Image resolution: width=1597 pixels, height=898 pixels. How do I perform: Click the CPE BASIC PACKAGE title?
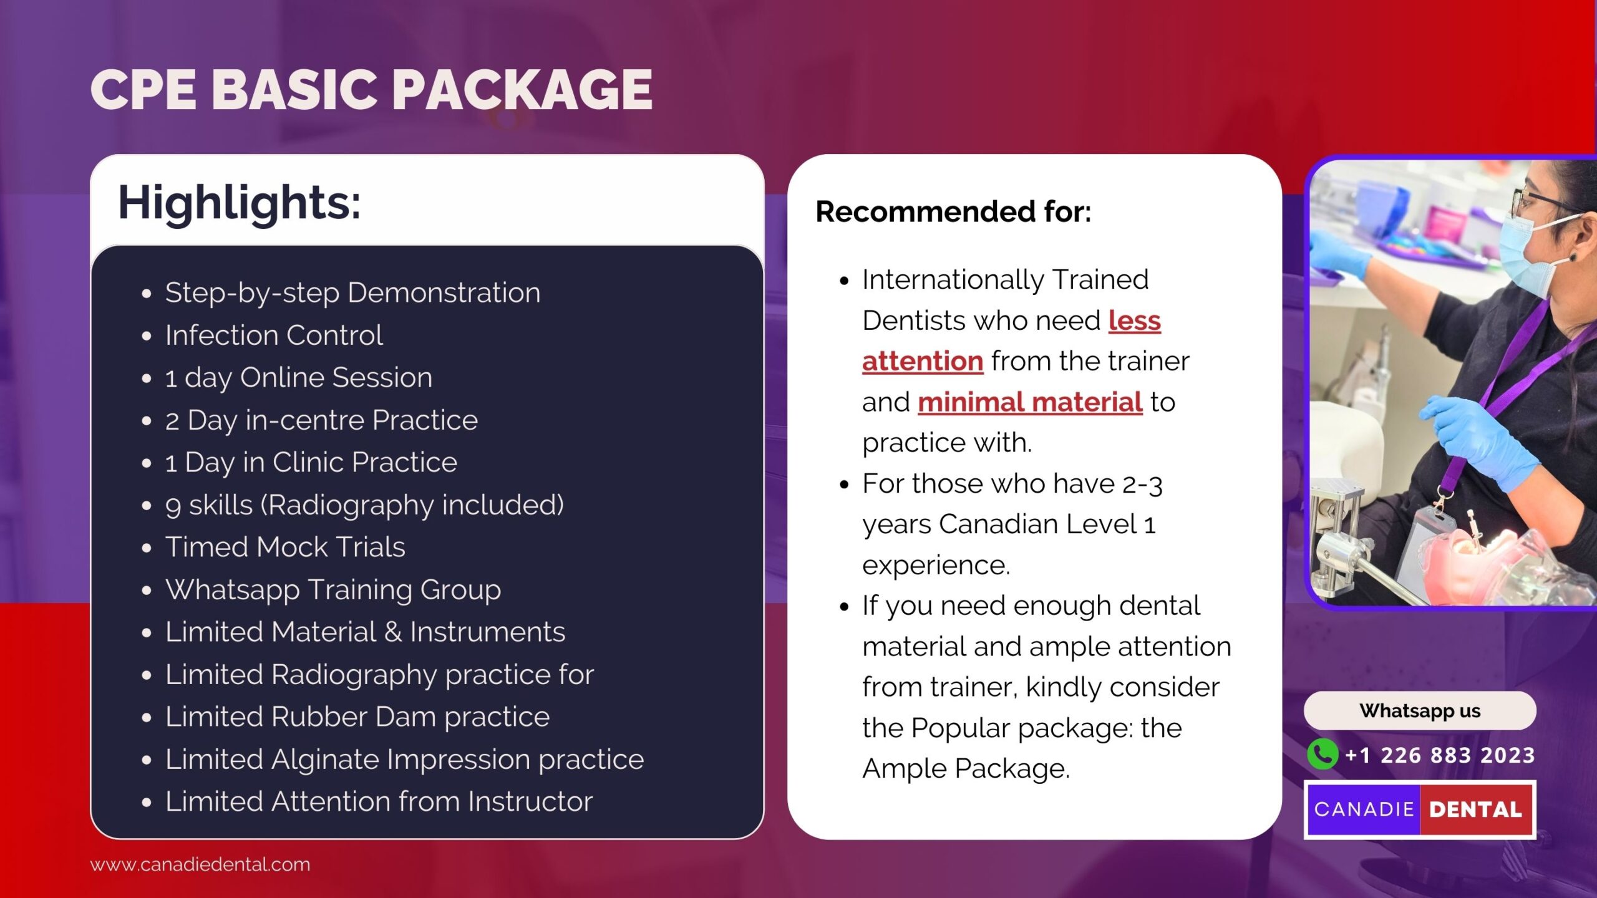coord(371,90)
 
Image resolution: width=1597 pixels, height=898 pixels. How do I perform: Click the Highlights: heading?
coord(240,203)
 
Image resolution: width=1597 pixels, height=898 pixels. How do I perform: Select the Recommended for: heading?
coord(953,211)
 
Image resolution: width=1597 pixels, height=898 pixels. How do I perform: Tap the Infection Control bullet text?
coord(274,336)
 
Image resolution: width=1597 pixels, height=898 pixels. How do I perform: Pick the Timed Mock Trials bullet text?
coord(285,547)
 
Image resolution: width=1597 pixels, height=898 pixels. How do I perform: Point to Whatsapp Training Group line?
coord(333,590)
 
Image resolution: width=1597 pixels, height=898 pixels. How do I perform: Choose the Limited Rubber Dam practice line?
coord(357,717)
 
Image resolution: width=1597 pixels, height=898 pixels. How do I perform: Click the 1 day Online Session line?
coord(299,378)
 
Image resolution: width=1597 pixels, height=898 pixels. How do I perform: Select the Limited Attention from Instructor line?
coord(379,801)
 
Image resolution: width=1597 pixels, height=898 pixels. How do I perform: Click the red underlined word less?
coord(1134,321)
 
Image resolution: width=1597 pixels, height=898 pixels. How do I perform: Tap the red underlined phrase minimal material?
coord(1030,402)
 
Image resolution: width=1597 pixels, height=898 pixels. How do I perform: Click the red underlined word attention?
coord(923,362)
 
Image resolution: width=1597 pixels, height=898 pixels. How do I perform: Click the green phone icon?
coord(1323,755)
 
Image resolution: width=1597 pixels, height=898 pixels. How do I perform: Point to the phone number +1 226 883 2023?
coord(1440,755)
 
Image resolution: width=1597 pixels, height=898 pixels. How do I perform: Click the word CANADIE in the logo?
coord(1364,809)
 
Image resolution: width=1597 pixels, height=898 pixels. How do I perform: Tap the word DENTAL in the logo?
coord(1475,809)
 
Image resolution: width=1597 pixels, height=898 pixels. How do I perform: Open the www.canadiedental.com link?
coord(200,864)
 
